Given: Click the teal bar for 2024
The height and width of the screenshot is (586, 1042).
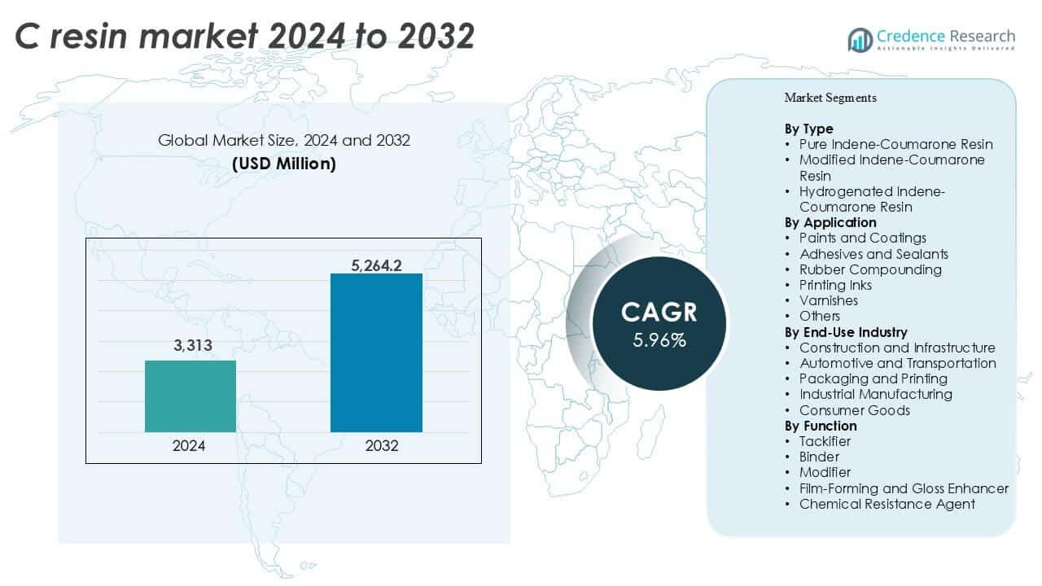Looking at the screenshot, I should point(190,396).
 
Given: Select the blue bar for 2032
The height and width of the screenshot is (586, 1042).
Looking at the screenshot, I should point(376,352).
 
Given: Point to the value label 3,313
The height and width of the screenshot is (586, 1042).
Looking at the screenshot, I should point(192,346).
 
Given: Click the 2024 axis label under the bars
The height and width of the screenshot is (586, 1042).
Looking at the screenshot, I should point(189,446).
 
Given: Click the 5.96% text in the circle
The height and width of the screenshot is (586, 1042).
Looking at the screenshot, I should point(659,339).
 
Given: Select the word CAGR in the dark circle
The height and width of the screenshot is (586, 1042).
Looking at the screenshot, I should point(659,312).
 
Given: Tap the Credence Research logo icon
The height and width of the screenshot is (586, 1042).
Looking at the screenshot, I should point(860,39).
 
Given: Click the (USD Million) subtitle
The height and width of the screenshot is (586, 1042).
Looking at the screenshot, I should point(283,164).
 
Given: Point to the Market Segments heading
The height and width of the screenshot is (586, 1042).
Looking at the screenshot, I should point(830,98).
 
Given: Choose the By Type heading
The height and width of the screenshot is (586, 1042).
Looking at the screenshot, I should point(808,129).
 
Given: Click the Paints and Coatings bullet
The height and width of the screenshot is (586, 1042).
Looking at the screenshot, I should point(862,238).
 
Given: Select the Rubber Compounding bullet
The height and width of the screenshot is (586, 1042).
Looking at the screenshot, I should point(869,269).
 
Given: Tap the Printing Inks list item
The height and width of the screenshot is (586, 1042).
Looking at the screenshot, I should point(835,285).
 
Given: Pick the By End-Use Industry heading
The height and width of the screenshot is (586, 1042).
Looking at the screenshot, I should point(846,332).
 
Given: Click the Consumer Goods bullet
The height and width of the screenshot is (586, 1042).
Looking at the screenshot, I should point(854,410).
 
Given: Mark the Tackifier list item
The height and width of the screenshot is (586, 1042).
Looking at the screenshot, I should point(825,441).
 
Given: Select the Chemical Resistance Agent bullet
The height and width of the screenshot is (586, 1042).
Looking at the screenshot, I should point(887,504).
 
